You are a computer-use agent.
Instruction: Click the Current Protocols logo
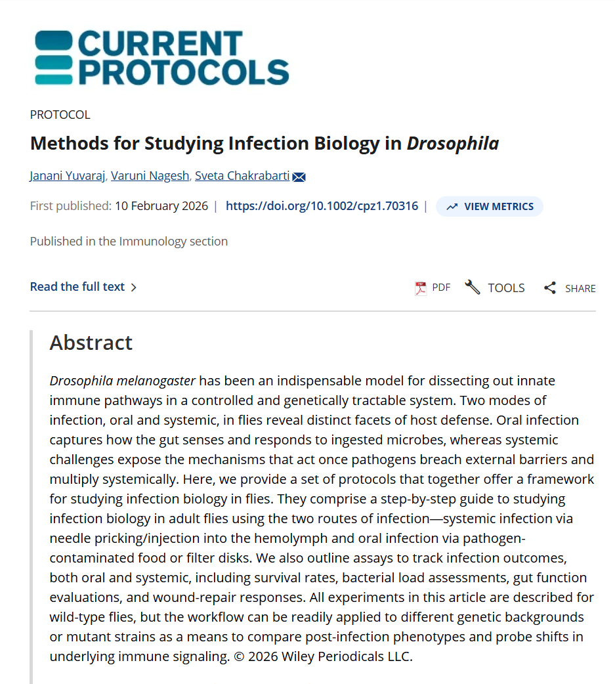[x=161, y=58]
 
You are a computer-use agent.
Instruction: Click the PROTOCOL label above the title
[x=60, y=115]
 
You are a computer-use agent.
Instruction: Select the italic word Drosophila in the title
[x=453, y=143]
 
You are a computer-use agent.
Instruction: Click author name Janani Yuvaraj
[x=68, y=176]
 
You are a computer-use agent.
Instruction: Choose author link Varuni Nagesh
[x=150, y=176]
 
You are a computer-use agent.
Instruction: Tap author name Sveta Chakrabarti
[x=242, y=176]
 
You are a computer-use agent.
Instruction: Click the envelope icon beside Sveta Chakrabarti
[x=299, y=177]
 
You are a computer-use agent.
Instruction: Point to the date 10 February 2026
[x=161, y=206]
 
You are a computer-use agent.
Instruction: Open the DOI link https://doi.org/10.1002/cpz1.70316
[x=322, y=206]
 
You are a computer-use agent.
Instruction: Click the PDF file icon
[x=421, y=288]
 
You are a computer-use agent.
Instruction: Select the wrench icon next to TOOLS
[x=473, y=287]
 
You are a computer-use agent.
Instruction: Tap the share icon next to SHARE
[x=550, y=288]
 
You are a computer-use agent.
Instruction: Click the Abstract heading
[x=91, y=343]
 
